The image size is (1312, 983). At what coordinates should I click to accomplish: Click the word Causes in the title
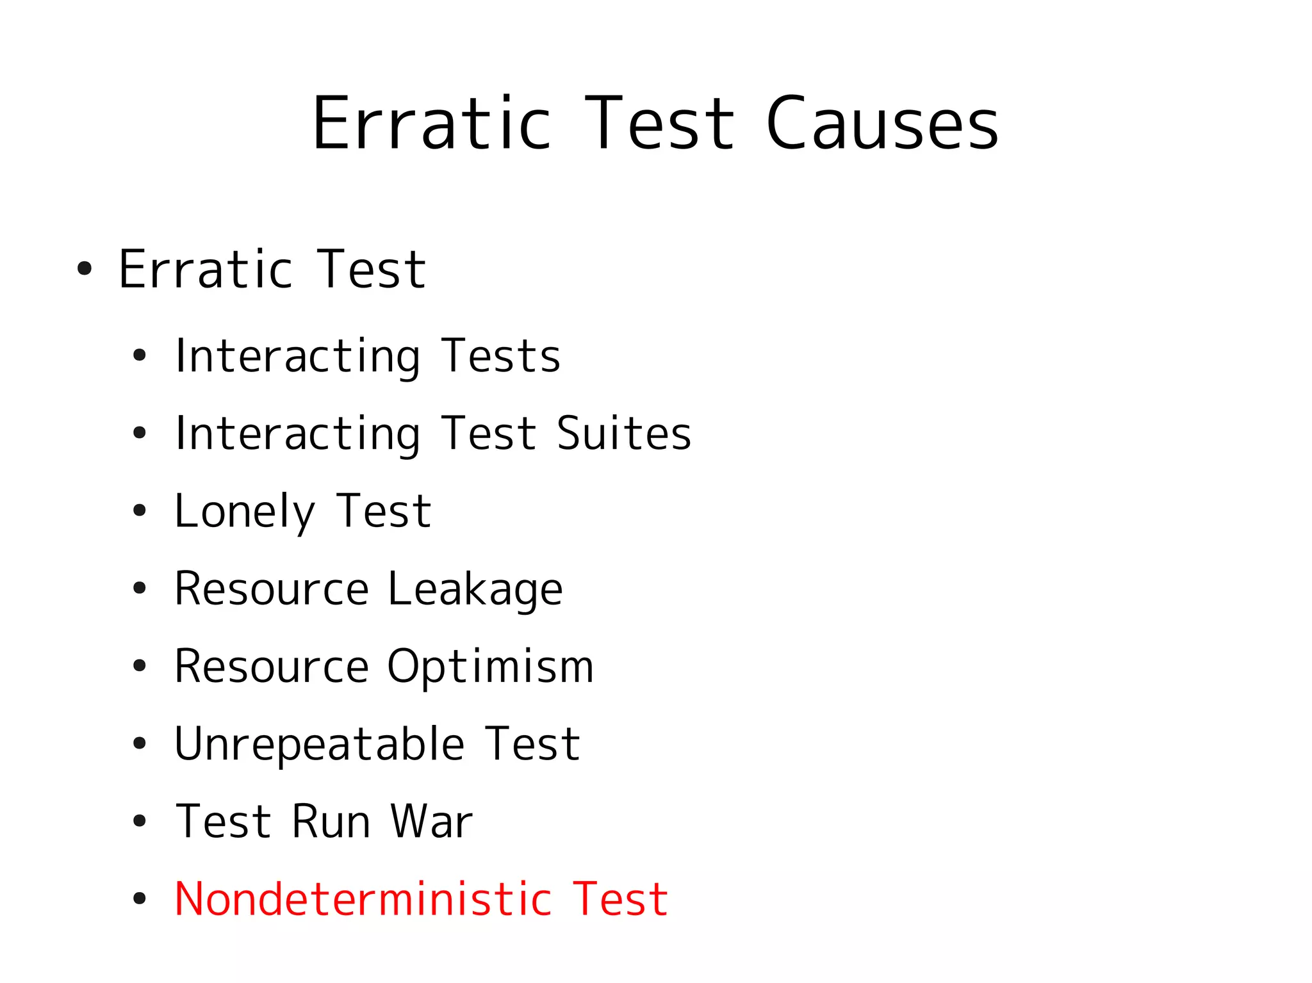coord(881,123)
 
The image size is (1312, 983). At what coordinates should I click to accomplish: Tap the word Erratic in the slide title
coord(431,123)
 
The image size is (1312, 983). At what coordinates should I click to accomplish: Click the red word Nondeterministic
coord(363,899)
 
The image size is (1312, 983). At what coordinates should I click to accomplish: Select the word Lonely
coord(245,512)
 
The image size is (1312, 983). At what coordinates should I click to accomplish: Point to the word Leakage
coord(475,589)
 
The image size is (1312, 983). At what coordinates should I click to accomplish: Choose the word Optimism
coord(490,667)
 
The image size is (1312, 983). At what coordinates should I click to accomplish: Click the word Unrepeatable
coord(319,744)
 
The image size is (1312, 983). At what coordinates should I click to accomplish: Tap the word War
coord(431,822)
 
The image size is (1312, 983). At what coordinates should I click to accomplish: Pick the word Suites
coord(624,434)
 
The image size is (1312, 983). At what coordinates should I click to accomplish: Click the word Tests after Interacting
coord(501,356)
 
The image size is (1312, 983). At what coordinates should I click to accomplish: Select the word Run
coord(331,822)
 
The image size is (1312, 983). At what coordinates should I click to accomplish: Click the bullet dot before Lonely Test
coord(139,511)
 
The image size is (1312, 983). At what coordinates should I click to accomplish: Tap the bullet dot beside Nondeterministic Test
coord(139,898)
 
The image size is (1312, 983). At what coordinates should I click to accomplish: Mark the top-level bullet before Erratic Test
coord(84,269)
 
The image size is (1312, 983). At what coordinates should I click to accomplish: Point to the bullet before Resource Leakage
coord(139,589)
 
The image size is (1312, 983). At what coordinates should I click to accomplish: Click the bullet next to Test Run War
coord(139,821)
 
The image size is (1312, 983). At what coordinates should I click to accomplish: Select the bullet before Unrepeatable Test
coord(139,743)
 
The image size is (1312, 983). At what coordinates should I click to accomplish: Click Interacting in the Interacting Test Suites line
coord(298,434)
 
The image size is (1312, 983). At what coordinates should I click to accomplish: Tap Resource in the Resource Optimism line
coord(272,667)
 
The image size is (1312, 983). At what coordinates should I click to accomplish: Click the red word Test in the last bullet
coord(620,899)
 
